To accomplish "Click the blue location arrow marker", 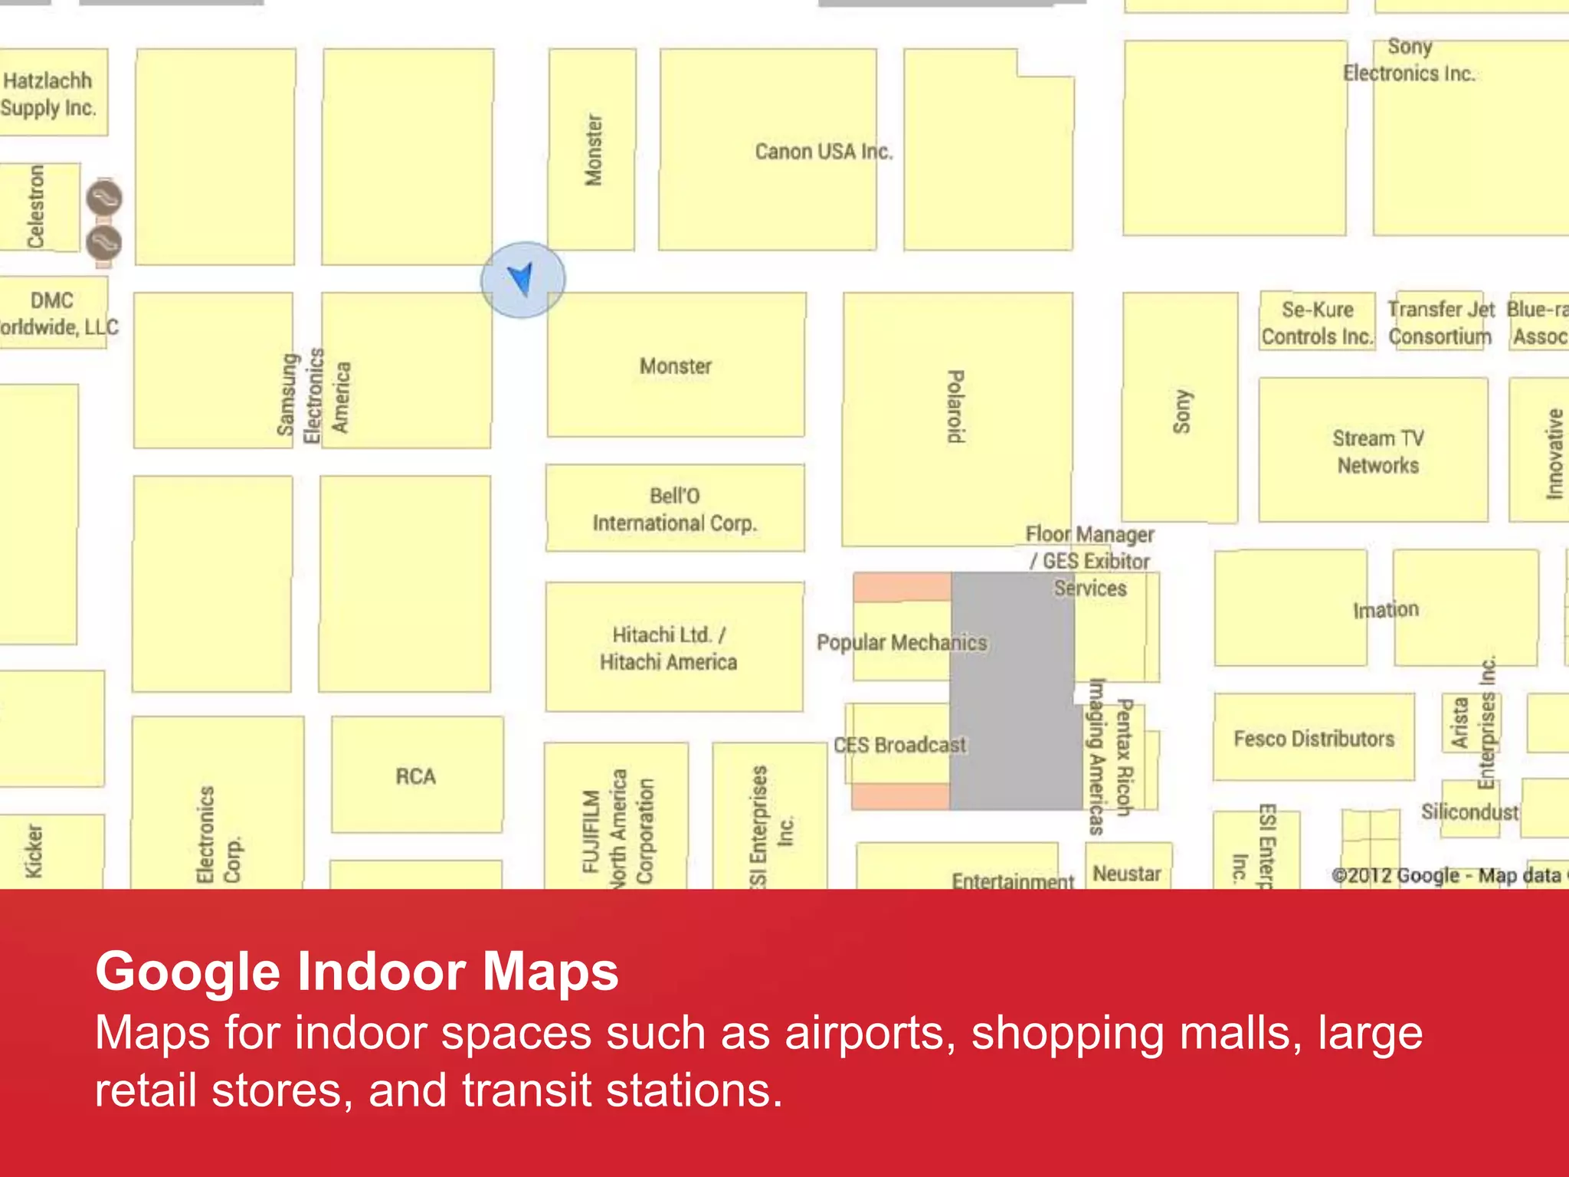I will pyautogui.click(x=522, y=280).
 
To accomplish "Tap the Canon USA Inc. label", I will pyautogui.click(x=824, y=152).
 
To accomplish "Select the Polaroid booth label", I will pyautogui.click(x=955, y=406).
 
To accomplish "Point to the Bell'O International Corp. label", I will pyautogui.click(x=674, y=510).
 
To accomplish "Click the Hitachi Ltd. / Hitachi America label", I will pyautogui.click(x=668, y=648).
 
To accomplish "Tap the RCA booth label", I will pyautogui.click(x=416, y=776).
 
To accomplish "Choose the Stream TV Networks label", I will pyautogui.click(x=1377, y=452).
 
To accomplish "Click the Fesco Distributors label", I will pyautogui.click(x=1314, y=739).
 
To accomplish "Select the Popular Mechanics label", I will pyautogui.click(x=902, y=642).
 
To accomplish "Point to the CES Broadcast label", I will pyautogui.click(x=899, y=745).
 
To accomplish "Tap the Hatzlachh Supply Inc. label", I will pyautogui.click(x=48, y=94).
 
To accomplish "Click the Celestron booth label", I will pyautogui.click(x=35, y=207).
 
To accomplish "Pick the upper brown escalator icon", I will pyautogui.click(x=103, y=198).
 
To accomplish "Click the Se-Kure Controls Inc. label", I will pyautogui.click(x=1317, y=323).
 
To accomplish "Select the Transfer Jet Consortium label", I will pyautogui.click(x=1440, y=323).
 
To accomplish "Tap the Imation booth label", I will pyautogui.click(x=1385, y=610).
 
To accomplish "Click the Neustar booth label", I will pyautogui.click(x=1126, y=874).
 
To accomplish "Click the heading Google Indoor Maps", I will pyautogui.click(x=357, y=972).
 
